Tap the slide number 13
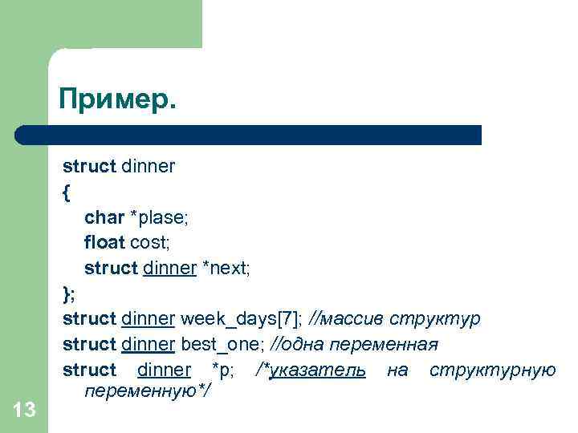25,411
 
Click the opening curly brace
66,192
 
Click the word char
104,217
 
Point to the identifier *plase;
160,217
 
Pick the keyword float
104,242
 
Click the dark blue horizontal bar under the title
249,134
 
